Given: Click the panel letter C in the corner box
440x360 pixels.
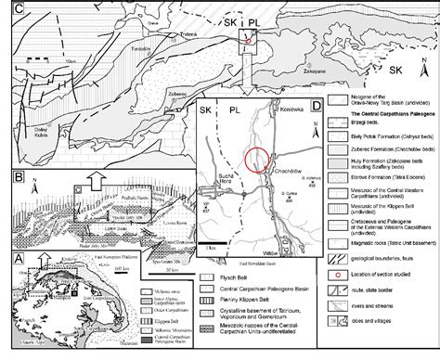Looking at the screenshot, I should [7, 7].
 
